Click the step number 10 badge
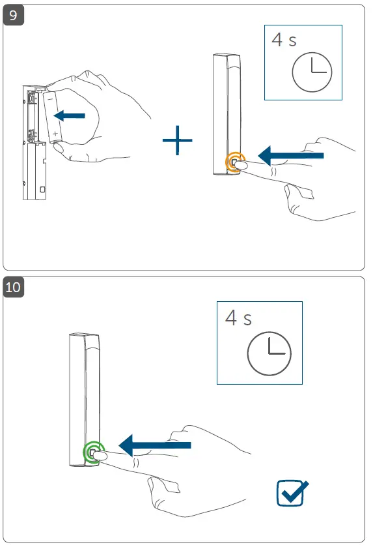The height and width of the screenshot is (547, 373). (15, 287)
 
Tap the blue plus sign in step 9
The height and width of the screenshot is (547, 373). (177, 141)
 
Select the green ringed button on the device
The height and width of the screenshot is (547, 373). (92, 452)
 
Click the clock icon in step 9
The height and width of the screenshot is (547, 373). (311, 72)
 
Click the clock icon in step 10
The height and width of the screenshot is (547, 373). (269, 354)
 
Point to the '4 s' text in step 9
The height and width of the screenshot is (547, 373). (284, 40)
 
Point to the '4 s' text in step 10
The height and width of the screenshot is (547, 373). (238, 318)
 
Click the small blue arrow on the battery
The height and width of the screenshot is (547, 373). (69, 115)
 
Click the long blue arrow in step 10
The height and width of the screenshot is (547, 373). (156, 445)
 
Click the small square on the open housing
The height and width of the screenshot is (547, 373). (42, 189)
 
